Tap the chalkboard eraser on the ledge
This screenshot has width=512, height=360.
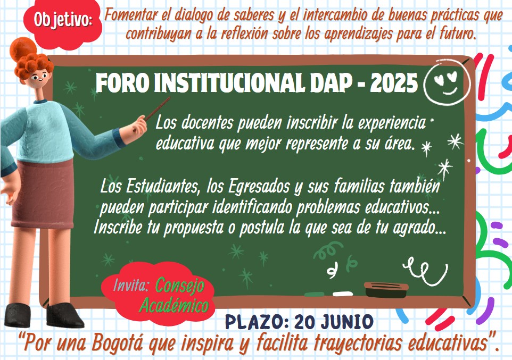pos(386,289)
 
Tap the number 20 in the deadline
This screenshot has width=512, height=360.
pos(305,322)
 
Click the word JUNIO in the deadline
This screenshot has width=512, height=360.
pos(348,322)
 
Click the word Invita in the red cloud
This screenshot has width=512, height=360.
pos(130,285)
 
